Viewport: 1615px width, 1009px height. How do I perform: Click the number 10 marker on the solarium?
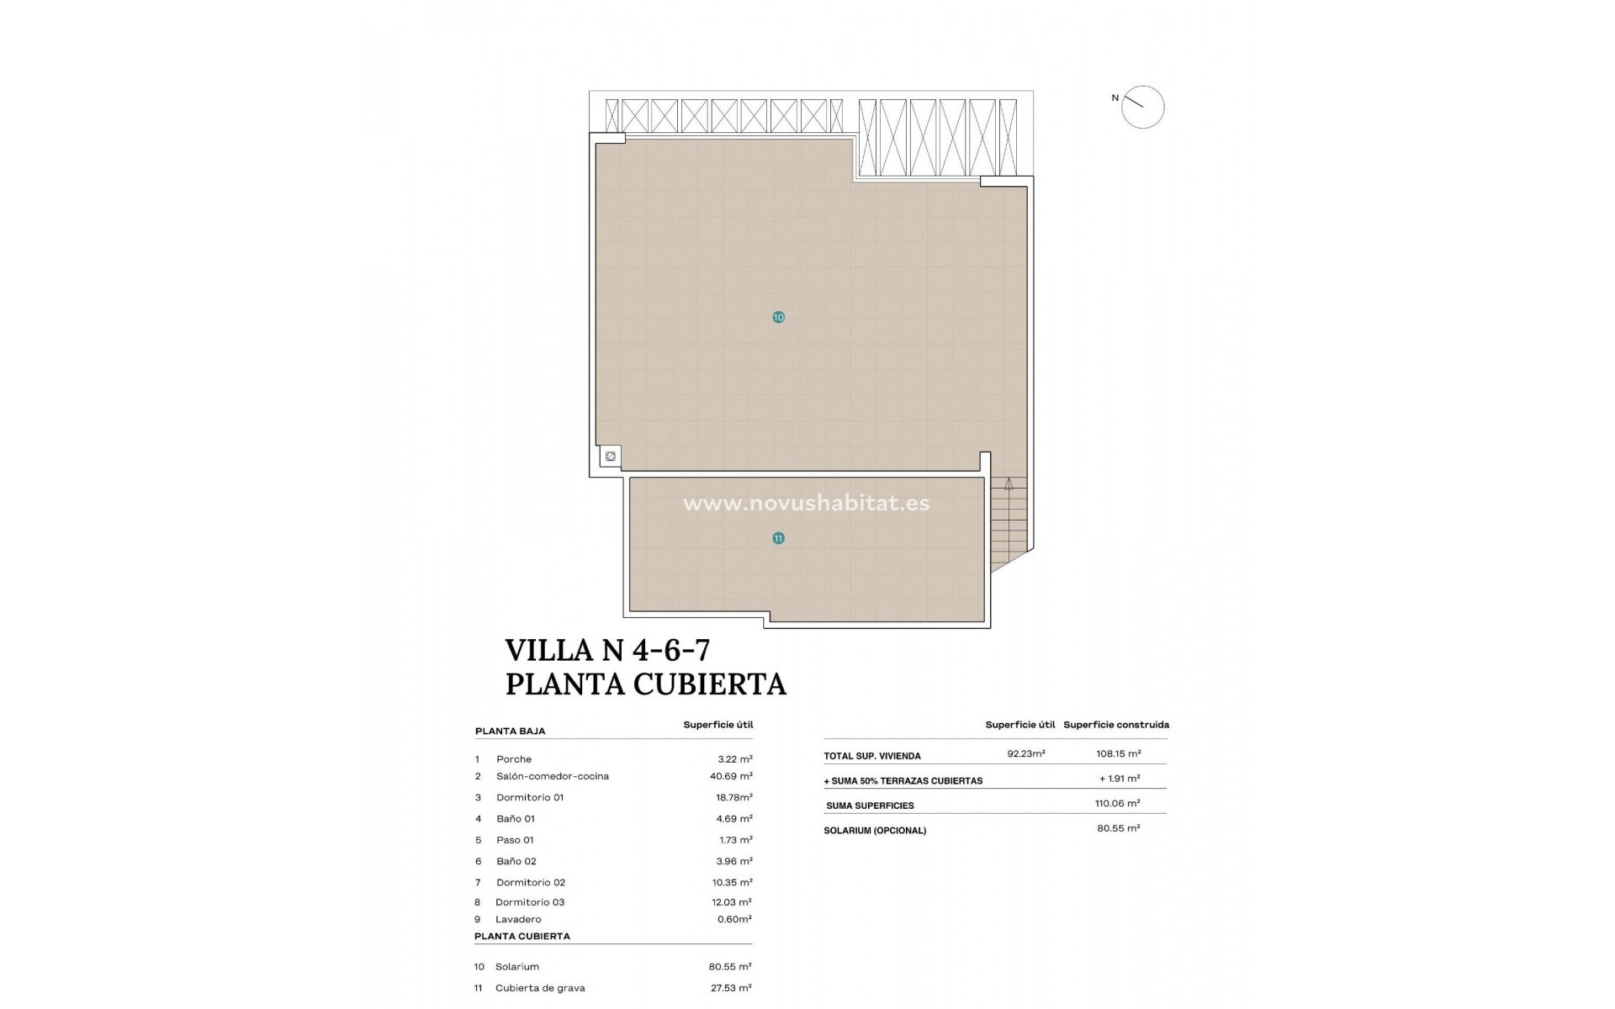(778, 317)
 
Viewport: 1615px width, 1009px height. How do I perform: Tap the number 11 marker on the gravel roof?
(778, 538)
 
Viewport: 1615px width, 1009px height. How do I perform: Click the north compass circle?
(1142, 108)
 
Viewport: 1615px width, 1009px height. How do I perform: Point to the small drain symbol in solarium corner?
(611, 457)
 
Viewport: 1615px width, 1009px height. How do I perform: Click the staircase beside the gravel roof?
(1009, 521)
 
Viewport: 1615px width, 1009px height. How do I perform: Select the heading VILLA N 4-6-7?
(607, 650)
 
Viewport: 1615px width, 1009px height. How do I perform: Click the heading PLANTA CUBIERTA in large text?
(645, 684)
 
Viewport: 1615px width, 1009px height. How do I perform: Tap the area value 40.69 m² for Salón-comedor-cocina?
(731, 776)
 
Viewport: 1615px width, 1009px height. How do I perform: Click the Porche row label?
(514, 759)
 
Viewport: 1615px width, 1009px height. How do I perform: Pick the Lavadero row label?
(518, 919)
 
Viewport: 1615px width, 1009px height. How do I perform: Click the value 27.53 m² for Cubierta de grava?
(730, 988)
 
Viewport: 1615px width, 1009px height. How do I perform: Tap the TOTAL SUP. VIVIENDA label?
(872, 756)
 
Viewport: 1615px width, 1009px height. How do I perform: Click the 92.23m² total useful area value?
(1026, 754)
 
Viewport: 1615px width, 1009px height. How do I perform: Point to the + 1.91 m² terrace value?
(1120, 779)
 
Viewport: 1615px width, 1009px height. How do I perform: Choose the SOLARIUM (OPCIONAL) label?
(875, 831)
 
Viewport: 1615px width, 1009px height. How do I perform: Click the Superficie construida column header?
(1116, 725)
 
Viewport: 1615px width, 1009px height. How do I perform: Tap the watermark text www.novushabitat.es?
(806, 504)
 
